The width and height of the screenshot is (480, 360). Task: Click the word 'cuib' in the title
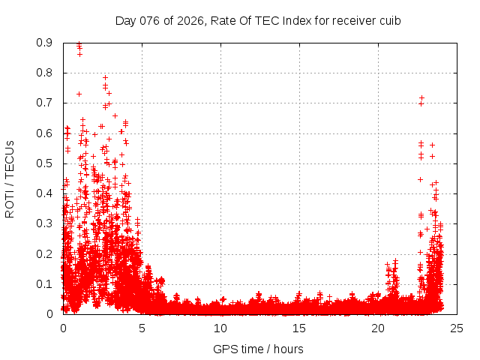coord(390,20)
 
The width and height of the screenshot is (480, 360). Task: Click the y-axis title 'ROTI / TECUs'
coord(10,178)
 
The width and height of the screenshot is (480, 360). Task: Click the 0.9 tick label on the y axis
coord(45,43)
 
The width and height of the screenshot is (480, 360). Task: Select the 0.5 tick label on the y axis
coord(45,163)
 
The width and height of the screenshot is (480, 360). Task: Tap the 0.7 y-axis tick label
coord(45,103)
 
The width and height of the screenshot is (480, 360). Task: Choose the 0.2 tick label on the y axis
coord(45,253)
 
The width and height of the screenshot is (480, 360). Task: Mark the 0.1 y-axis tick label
coord(45,284)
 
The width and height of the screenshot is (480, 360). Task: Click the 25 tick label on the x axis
coord(457,328)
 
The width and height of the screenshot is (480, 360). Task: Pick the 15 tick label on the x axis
coord(299,328)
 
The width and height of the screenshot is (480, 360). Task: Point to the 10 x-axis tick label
coord(220,328)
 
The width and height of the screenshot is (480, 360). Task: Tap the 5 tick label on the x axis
coord(142,328)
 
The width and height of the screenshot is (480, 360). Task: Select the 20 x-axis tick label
coord(378,328)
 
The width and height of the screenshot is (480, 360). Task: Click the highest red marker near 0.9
coord(79,44)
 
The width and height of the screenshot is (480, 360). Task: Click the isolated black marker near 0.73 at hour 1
coord(79,94)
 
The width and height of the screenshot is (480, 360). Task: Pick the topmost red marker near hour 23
coord(422,97)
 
